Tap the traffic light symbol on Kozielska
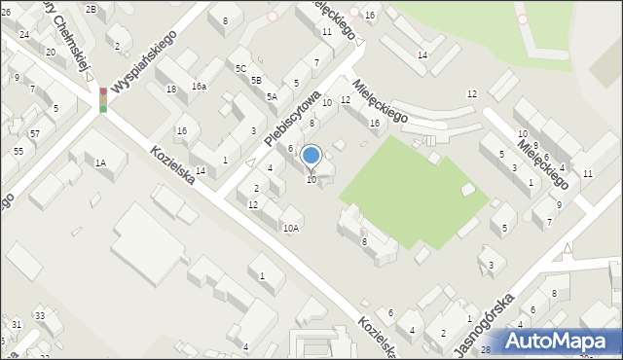tap(103, 99)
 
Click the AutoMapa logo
tap(559, 342)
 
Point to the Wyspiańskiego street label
tap(143, 60)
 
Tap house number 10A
tap(291, 228)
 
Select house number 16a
tap(199, 87)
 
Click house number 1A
tap(100, 163)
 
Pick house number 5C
tap(240, 68)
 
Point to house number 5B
tap(256, 80)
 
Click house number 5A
tap(273, 96)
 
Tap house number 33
tap(40, 315)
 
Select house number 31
tap(17, 323)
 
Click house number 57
tap(34, 133)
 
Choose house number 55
tap(18, 152)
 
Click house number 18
tap(171, 90)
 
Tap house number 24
tap(23, 34)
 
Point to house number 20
tap(50, 52)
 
